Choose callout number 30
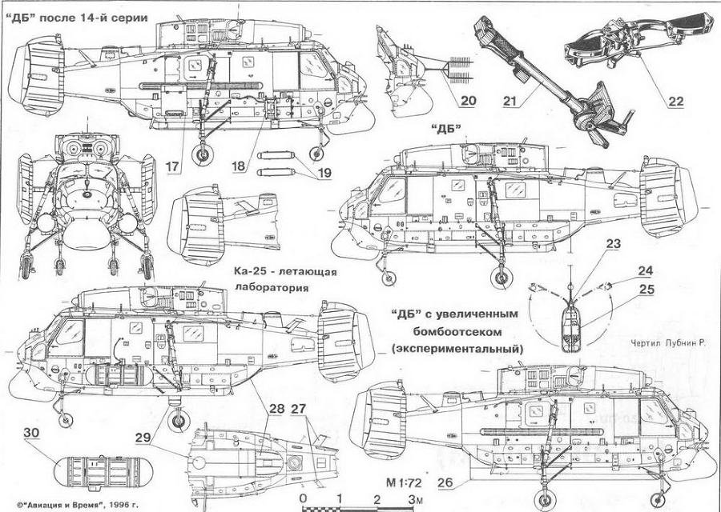(32, 433)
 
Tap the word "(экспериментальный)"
(457, 349)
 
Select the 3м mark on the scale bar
(413, 500)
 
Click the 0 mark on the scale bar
(303, 500)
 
